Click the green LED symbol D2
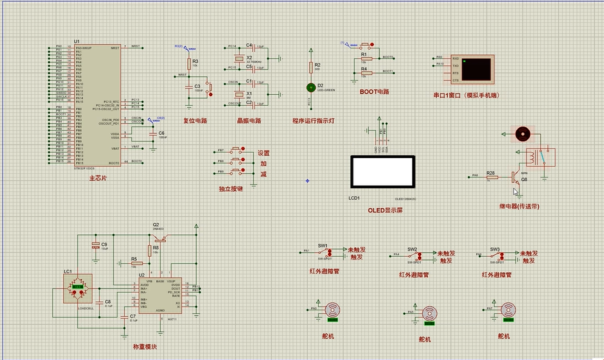click(310, 86)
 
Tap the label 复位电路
click(195, 121)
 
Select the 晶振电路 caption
click(248, 121)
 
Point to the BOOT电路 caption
click(374, 92)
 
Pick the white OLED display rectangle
click(381, 171)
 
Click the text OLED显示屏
click(385, 211)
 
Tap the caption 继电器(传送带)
click(519, 206)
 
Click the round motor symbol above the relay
click(523, 134)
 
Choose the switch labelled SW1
click(323, 252)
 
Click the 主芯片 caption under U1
click(99, 177)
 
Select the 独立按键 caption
click(231, 189)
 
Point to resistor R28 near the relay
click(491, 175)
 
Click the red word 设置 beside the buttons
click(264, 154)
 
